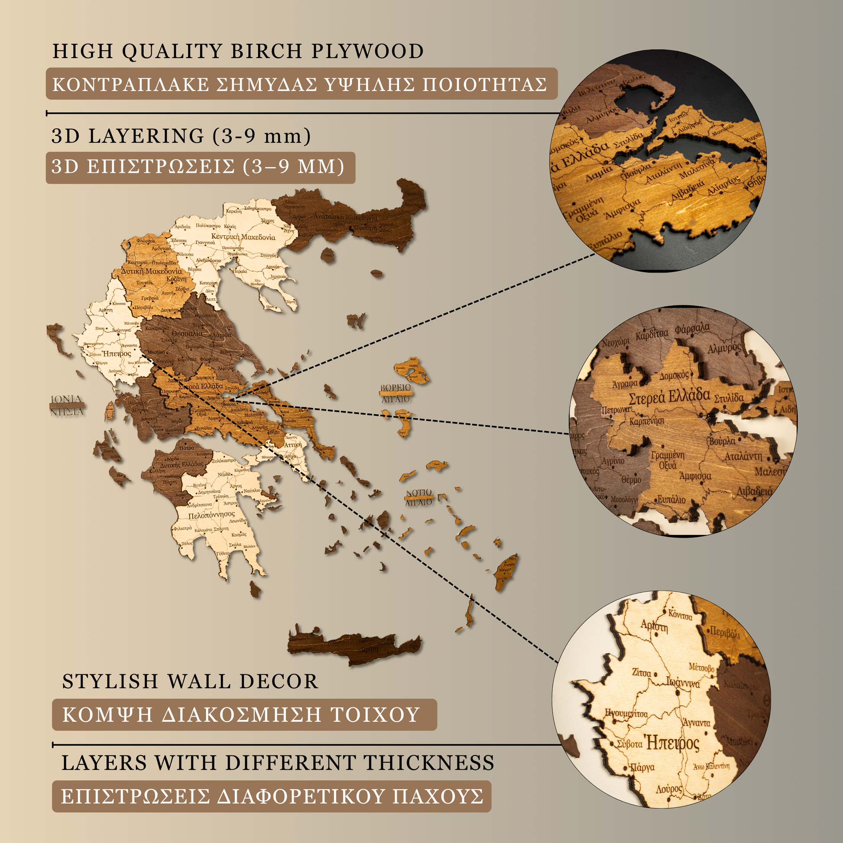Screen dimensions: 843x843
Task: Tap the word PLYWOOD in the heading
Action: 367,51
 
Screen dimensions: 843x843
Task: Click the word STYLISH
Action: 110,681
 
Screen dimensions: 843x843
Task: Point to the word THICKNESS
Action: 429,763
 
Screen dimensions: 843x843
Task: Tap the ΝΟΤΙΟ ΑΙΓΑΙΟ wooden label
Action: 419,497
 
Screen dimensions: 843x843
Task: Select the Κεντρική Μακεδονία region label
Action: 243,237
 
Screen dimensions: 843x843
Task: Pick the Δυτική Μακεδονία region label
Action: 152,272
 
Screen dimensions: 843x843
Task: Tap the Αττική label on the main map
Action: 292,445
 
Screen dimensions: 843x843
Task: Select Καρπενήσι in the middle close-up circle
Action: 647,421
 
